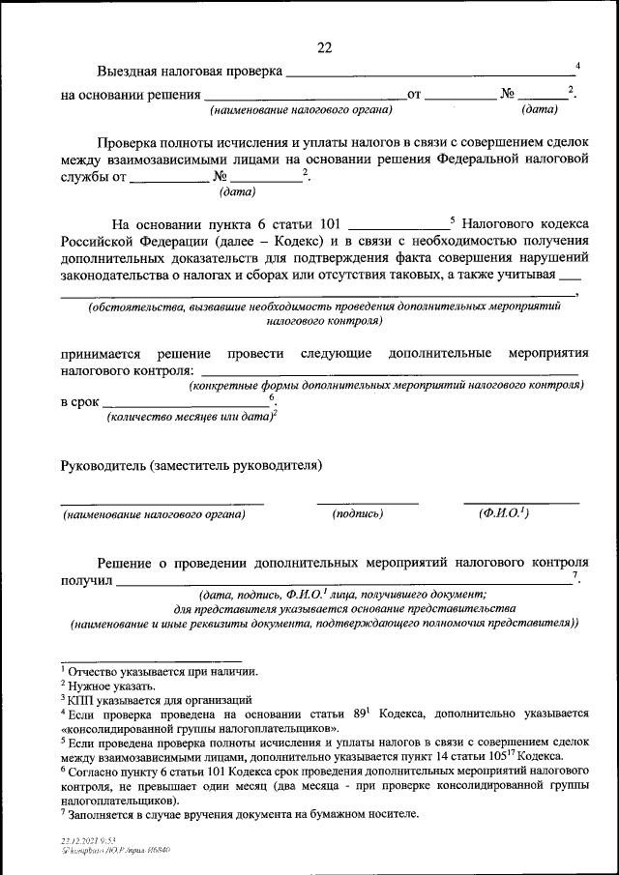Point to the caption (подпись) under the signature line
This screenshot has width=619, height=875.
(358, 513)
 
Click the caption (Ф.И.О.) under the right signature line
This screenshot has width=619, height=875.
(503, 513)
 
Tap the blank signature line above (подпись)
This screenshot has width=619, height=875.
(368, 503)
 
